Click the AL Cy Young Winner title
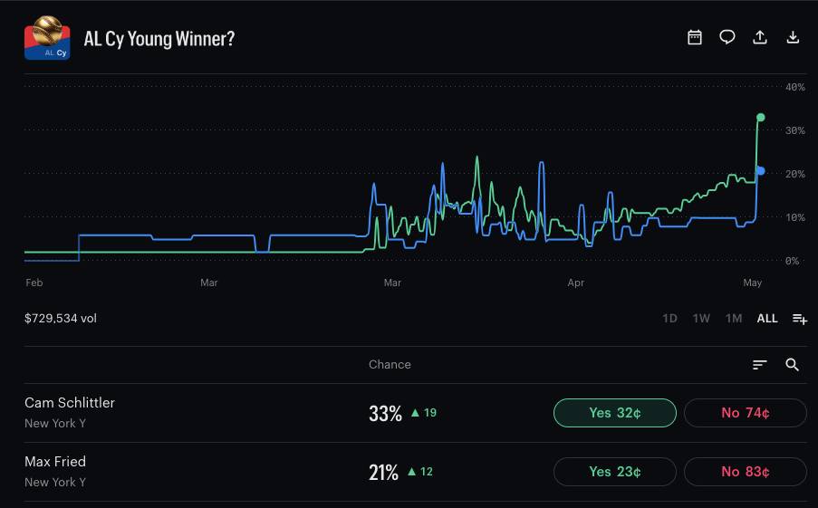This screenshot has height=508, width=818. [159, 39]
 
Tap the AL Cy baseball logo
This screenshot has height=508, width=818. [47, 37]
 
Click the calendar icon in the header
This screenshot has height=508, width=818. [695, 37]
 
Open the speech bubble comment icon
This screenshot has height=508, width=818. [727, 37]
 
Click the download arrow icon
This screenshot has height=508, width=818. [793, 37]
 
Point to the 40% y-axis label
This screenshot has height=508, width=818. [795, 87]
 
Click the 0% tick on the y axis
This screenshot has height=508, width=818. [792, 261]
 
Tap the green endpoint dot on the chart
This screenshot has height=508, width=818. [761, 118]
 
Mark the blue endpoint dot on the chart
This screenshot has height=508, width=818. [761, 170]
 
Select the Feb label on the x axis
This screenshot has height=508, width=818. [34, 283]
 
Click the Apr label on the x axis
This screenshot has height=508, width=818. [576, 283]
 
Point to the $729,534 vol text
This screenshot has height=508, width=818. [61, 318]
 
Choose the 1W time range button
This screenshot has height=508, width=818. [701, 318]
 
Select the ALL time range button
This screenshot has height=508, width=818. [767, 318]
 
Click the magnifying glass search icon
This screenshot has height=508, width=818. [792, 365]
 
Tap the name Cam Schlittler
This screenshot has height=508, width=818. [70, 403]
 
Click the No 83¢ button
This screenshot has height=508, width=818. [745, 472]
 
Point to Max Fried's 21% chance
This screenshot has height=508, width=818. [383, 473]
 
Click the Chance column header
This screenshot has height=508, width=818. [390, 365]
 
